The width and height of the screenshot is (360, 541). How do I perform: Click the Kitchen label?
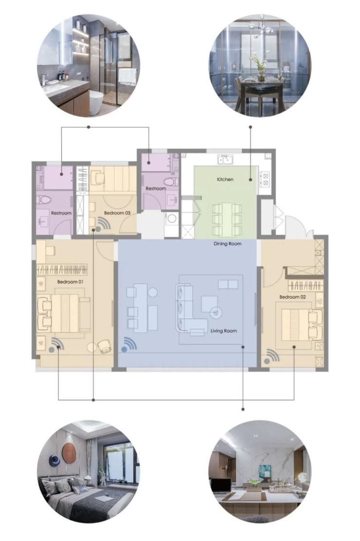click(225, 180)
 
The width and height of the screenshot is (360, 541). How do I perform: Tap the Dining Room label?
click(228, 244)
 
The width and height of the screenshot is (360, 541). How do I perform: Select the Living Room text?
click(224, 330)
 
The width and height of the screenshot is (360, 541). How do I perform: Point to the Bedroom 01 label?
click(71, 282)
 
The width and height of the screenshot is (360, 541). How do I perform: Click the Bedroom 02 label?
click(292, 297)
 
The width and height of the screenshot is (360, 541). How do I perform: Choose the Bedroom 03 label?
click(117, 213)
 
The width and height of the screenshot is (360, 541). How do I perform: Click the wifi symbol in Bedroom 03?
click(103, 224)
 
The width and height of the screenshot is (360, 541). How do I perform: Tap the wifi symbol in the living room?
click(129, 344)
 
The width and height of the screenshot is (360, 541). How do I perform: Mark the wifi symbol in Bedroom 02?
click(271, 357)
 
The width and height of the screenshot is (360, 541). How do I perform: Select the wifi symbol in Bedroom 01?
click(56, 345)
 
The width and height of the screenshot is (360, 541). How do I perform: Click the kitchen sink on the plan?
click(225, 160)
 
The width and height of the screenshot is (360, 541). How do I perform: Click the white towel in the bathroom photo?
click(127, 76)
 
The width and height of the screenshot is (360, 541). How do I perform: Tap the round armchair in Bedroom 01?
click(104, 346)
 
